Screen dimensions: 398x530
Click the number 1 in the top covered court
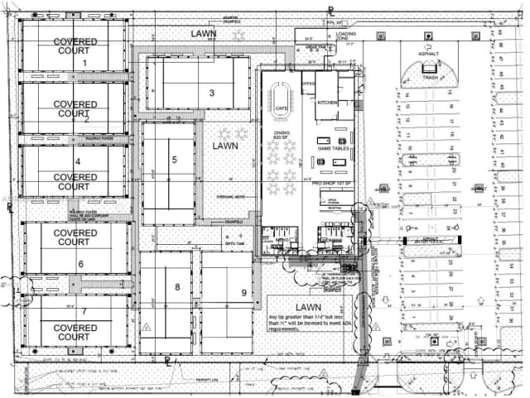coord(84,63)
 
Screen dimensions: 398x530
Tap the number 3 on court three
coord(212,93)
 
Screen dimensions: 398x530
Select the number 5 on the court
coord(174,159)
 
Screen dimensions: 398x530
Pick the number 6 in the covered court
coord(80,264)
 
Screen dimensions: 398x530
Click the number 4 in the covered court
coord(78,162)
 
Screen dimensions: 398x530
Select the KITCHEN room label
coord(326,101)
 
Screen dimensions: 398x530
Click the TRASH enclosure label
coord(430,77)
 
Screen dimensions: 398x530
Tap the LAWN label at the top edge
coord(204,34)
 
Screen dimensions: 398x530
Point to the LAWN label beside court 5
coord(224,146)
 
